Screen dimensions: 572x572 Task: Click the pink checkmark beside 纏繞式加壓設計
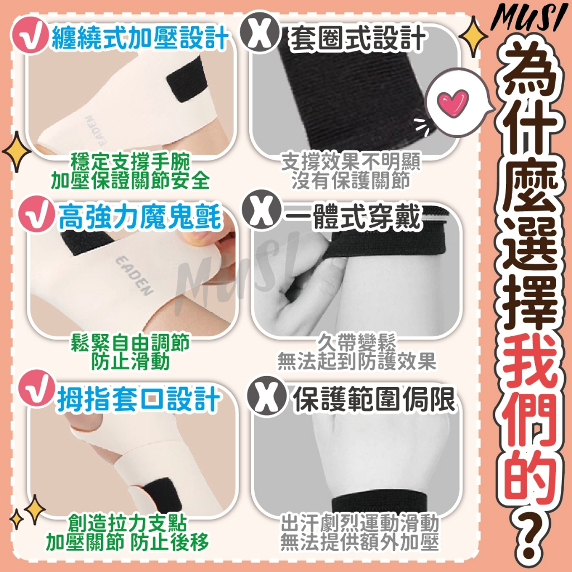30,36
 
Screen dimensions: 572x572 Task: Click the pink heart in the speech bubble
452,102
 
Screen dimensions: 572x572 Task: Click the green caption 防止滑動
131,362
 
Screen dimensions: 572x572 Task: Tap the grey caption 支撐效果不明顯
351,162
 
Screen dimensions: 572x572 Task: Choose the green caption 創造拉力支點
128,524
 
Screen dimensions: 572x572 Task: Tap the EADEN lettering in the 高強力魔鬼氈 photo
134,276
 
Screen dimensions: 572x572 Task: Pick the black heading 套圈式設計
357,39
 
